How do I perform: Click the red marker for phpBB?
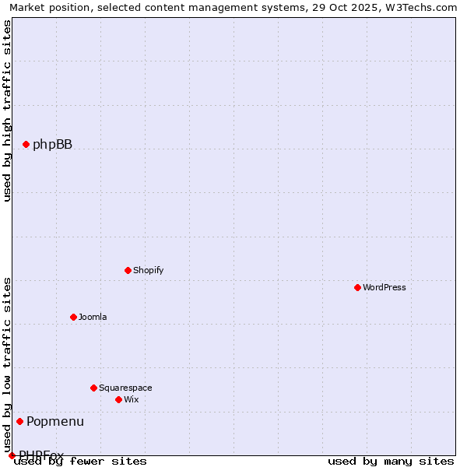[26, 144]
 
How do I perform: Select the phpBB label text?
[52, 144]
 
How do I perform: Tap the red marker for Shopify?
[128, 270]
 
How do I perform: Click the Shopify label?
[148, 270]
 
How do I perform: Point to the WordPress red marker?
[357, 287]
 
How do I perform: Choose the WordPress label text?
[384, 287]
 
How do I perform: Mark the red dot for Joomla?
[73, 317]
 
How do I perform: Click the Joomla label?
[93, 317]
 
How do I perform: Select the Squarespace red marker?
[93, 388]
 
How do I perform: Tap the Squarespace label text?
[125, 388]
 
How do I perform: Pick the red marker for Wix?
[118, 399]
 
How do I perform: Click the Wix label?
[131, 399]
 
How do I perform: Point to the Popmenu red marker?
[19, 421]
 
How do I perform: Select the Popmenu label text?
[55, 421]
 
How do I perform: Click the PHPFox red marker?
[12, 455]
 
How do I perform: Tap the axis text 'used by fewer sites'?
[80, 462]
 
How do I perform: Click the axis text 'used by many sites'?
[391, 462]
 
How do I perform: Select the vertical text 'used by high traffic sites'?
[8, 111]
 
